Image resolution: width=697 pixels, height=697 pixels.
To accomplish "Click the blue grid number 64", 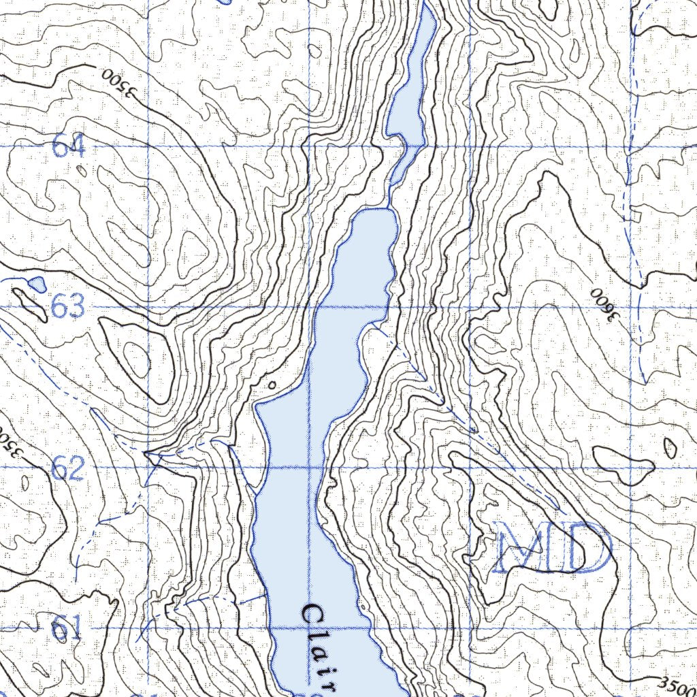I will [69, 146].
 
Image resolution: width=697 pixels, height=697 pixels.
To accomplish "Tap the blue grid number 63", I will [68, 308].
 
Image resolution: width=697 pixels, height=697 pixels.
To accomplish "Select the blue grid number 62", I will [68, 469].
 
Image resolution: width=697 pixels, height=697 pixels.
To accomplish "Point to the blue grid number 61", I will [67, 628].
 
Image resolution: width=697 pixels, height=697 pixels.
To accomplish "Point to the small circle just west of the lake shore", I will [272, 386].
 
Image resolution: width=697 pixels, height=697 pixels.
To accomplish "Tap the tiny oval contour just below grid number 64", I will [82, 171].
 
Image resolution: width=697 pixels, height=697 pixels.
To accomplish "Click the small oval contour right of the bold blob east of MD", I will [670, 447].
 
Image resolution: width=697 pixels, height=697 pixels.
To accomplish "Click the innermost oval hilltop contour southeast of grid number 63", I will [135, 359].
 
